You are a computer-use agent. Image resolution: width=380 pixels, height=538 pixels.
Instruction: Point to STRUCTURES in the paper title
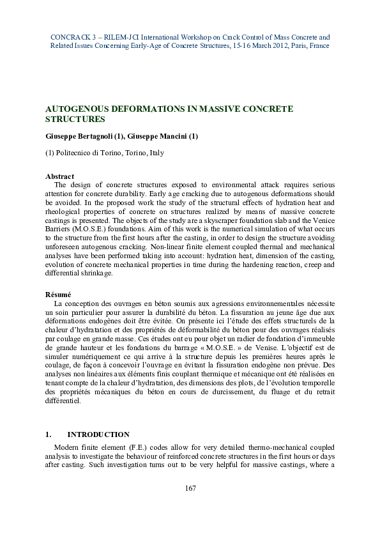75,119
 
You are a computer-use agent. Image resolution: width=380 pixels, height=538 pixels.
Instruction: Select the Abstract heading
59,176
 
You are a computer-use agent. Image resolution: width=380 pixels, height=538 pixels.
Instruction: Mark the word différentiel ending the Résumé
63,401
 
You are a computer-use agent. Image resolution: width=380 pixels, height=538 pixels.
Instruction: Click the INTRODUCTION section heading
98,434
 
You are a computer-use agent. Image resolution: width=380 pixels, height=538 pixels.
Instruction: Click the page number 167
190,488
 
